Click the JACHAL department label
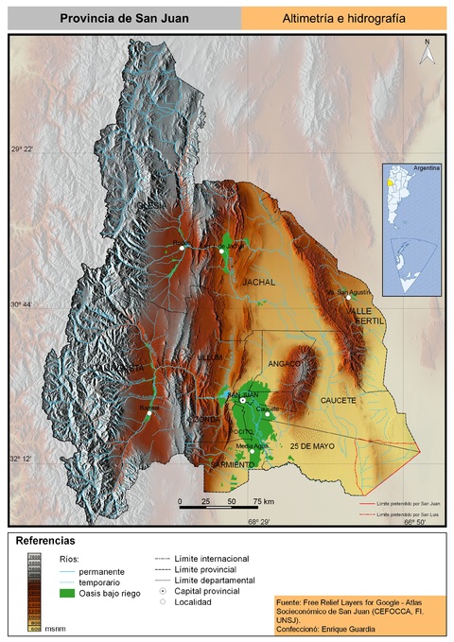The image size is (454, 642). pyautogui.click(x=257, y=282)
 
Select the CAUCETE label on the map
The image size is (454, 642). pyautogui.click(x=339, y=401)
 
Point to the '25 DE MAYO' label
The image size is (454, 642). pyautogui.click(x=313, y=445)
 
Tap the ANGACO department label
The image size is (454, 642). pyautogui.click(x=284, y=363)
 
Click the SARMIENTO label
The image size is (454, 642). pyautogui.click(x=232, y=464)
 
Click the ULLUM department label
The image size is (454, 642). pyautogui.click(x=209, y=357)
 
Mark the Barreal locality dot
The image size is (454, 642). pyautogui.click(x=148, y=412)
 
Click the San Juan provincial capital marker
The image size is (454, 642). pyautogui.click(x=243, y=401)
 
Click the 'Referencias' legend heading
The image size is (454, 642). pyautogui.click(x=44, y=541)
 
